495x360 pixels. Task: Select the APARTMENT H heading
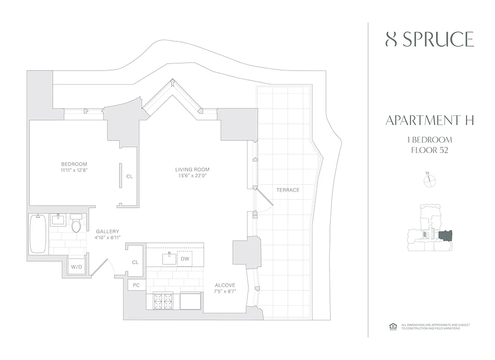(x=429, y=120)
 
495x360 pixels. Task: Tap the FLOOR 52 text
(x=429, y=150)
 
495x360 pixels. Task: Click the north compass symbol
(x=430, y=180)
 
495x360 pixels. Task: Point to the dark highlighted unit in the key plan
(x=445, y=235)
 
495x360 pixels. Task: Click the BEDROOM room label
(x=74, y=164)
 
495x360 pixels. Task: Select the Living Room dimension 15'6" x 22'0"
(x=192, y=176)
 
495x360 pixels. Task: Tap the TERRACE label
(x=288, y=190)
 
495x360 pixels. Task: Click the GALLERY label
(x=108, y=231)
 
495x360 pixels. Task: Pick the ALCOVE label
(x=225, y=285)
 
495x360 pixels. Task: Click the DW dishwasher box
(x=185, y=259)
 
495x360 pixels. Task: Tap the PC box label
(x=136, y=285)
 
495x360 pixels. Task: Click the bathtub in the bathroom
(x=38, y=234)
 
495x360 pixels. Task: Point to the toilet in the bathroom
(x=76, y=225)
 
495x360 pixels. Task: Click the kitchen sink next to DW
(x=169, y=258)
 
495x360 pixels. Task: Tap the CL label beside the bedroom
(x=129, y=177)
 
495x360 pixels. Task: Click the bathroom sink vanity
(x=58, y=220)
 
